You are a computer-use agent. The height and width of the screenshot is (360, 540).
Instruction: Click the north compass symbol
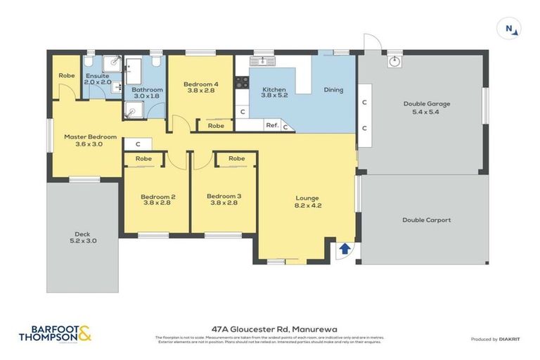pyautogui.click(x=510, y=29)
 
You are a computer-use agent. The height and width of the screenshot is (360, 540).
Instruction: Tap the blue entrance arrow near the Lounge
pyautogui.click(x=345, y=248)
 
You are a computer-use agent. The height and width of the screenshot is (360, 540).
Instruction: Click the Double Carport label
pyautogui.click(x=426, y=220)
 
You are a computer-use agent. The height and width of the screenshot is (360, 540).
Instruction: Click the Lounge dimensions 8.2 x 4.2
pyautogui.click(x=308, y=206)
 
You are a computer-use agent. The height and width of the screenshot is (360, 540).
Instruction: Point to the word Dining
pyautogui.click(x=333, y=90)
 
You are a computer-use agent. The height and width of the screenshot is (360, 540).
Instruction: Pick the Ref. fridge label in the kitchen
pyautogui.click(x=271, y=125)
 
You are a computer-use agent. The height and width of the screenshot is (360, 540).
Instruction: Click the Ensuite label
pyautogui.click(x=97, y=75)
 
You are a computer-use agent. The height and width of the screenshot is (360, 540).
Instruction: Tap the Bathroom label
pyautogui.click(x=147, y=89)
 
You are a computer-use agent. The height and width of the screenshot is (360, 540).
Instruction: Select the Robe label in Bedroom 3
pyautogui.click(x=236, y=159)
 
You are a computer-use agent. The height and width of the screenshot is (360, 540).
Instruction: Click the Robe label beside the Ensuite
pyautogui.click(x=67, y=75)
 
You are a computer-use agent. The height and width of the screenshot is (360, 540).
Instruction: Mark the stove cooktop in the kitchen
pyautogui.click(x=242, y=82)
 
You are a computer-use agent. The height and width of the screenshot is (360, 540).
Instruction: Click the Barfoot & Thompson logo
pyautogui.click(x=55, y=334)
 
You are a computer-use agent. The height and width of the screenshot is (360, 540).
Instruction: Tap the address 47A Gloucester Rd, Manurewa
pyautogui.click(x=269, y=328)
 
